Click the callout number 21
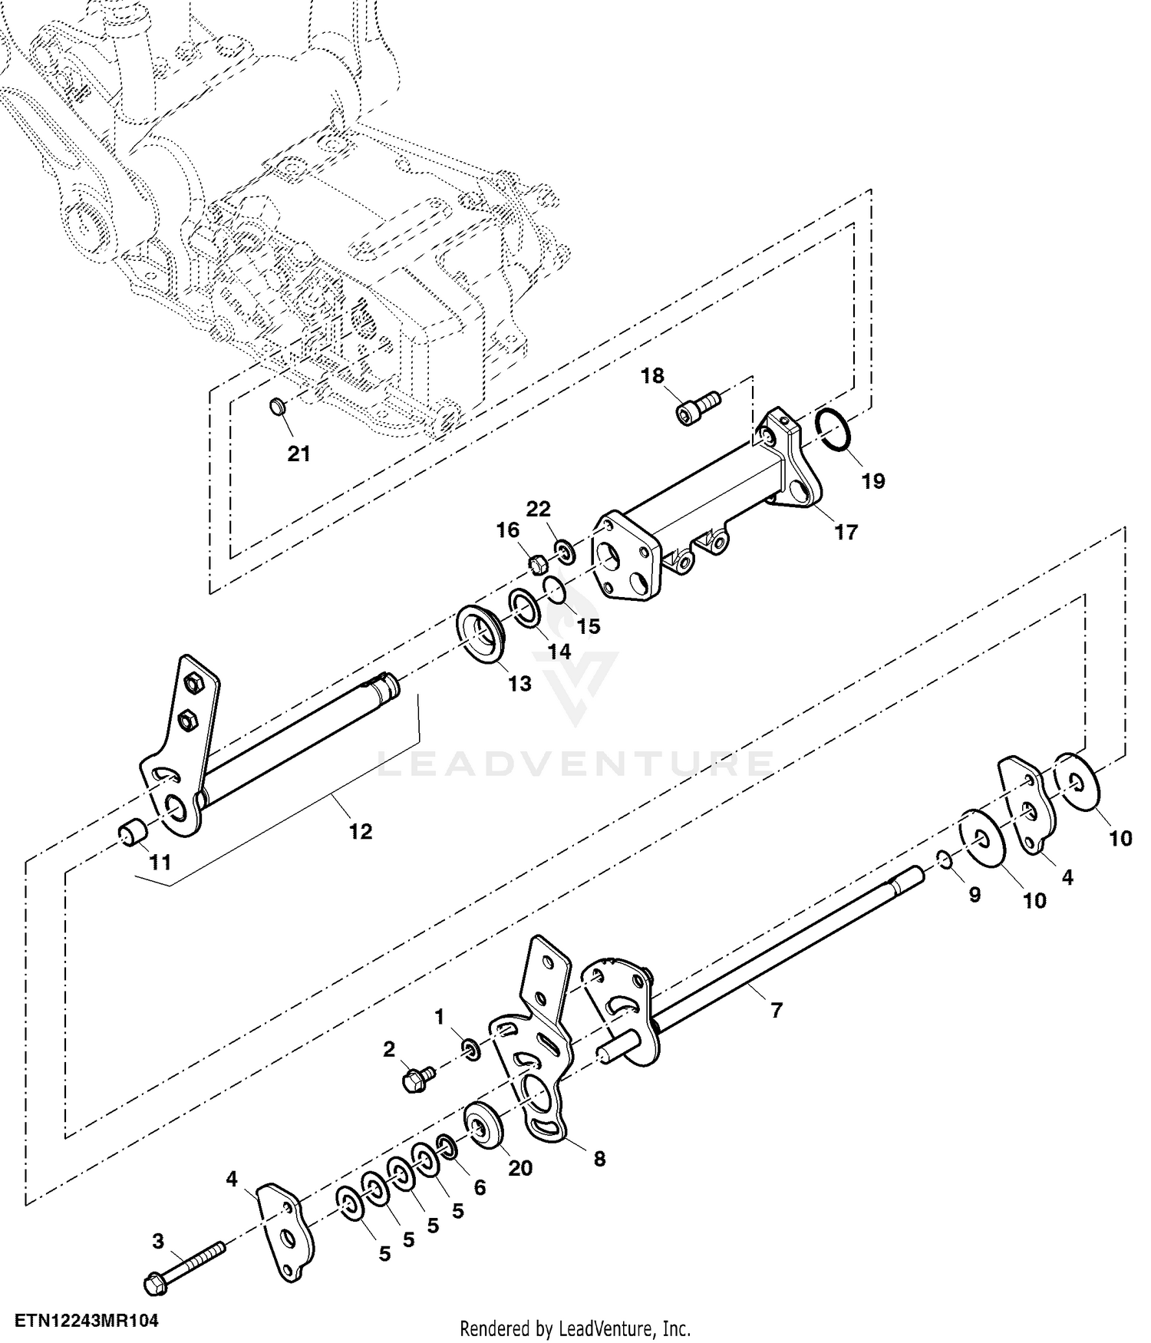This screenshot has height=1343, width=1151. click(298, 454)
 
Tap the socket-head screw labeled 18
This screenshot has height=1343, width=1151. click(698, 406)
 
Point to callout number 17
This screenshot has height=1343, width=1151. click(846, 531)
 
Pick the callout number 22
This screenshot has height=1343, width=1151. click(538, 509)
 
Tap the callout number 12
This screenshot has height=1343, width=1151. click(360, 831)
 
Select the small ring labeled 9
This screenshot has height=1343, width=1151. click(945, 860)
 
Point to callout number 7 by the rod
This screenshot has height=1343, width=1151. click(776, 1011)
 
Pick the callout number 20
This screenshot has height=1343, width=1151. click(519, 1167)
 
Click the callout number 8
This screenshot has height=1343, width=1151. click(599, 1158)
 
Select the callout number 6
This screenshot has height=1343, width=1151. click(480, 1187)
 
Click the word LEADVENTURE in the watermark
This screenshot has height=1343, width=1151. click(575, 763)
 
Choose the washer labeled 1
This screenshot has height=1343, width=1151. click(470, 1048)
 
